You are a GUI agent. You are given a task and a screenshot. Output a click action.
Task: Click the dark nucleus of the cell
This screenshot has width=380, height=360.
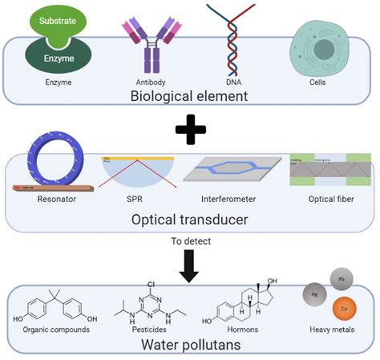323,50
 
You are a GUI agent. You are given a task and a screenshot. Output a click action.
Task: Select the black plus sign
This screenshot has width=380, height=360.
189,130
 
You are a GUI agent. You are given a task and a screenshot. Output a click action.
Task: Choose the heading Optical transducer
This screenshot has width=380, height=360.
189,220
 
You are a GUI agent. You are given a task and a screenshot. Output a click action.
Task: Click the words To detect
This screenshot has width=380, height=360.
189,241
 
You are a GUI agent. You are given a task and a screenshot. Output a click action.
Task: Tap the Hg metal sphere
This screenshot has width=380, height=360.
313,295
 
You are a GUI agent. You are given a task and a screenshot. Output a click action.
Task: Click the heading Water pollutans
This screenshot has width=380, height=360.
189,345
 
